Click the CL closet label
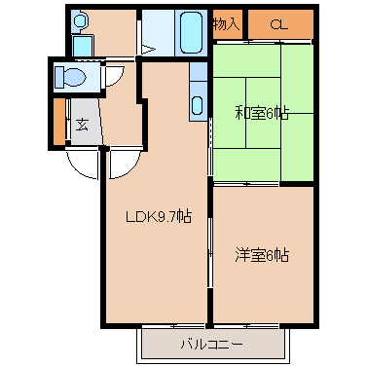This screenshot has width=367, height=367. tap(278, 24)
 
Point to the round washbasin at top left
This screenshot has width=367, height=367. tap(80, 19)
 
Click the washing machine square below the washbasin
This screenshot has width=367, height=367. tap(82, 44)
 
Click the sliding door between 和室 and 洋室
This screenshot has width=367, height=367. tap(263, 184)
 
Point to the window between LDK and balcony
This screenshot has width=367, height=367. tap(175, 325)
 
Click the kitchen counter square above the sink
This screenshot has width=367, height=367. tap(198, 72)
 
